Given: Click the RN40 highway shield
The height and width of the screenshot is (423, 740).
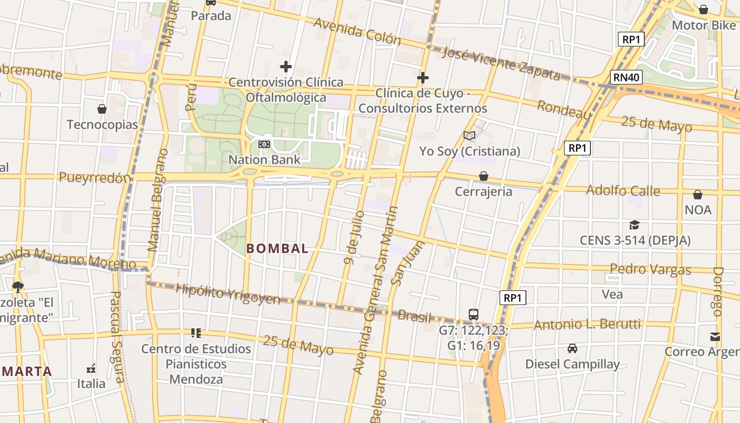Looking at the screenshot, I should tap(627, 77).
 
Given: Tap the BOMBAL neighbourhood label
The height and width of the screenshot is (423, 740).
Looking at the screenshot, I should tap(277, 249).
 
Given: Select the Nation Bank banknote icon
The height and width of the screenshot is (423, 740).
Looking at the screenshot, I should tap(264, 144).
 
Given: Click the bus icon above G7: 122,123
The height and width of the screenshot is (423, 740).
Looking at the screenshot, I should tap(474, 314).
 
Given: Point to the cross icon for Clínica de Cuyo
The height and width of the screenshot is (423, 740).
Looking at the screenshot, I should tap(422, 78).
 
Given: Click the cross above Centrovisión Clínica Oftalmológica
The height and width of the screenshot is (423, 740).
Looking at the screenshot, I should tap(286, 67).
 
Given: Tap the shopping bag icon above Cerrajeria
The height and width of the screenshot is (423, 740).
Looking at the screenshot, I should tap(483, 176).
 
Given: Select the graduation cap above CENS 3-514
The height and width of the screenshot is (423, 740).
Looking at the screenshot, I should tap(634, 225).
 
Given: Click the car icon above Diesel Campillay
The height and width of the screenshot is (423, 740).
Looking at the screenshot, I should tap(572, 348).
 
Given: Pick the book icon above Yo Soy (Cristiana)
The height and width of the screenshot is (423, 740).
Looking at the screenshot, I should tap(469, 136).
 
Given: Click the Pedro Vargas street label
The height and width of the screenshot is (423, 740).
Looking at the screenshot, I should tap(650, 269).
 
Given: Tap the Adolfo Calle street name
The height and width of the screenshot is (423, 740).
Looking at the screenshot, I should tap(623, 190).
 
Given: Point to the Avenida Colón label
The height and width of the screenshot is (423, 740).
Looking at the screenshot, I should tap(357, 31).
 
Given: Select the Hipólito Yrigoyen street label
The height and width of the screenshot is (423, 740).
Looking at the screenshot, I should tap(228, 294).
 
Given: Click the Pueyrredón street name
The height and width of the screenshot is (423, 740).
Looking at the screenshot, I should tap(94, 178).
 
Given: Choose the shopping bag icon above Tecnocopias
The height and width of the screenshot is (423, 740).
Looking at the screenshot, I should tap(102, 109).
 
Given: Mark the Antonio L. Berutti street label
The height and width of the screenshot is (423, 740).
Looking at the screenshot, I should tap(587, 324).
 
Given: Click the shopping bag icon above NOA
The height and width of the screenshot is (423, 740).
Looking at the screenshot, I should tap(698, 195).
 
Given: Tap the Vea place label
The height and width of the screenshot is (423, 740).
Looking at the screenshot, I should tap(612, 295).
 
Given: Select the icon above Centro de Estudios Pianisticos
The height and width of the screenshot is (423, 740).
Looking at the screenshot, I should tap(196, 333).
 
